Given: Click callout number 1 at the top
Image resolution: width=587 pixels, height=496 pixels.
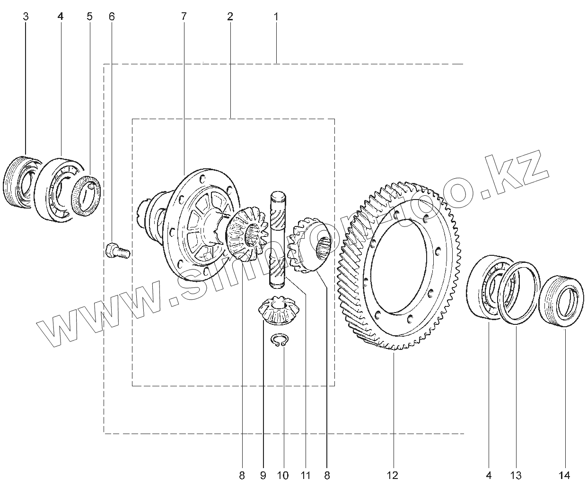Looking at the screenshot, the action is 276,17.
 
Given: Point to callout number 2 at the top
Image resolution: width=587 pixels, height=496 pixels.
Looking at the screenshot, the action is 230,17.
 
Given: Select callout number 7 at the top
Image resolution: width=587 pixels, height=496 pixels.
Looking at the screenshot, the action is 184,17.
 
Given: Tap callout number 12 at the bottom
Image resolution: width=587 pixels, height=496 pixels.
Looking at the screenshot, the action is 393,475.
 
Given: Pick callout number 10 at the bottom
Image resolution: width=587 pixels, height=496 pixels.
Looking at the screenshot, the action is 282,475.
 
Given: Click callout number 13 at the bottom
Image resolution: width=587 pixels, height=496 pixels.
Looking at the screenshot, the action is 516,475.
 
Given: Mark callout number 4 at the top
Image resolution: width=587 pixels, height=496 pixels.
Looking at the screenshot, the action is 60,17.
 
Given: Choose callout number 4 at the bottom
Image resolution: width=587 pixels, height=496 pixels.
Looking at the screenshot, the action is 489,475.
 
